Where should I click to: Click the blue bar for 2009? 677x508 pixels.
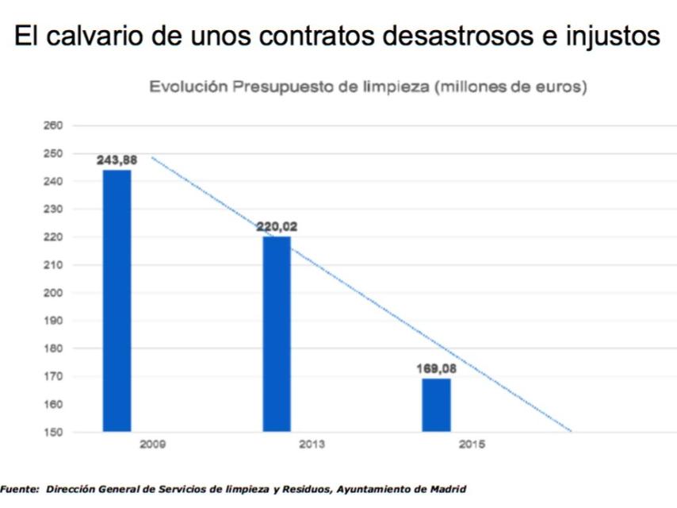click(x=117, y=301)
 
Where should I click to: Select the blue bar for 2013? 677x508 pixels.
click(x=277, y=334)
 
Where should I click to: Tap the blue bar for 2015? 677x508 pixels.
click(x=436, y=405)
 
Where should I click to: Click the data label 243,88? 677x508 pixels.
click(x=117, y=160)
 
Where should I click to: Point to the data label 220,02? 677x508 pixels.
click(x=277, y=226)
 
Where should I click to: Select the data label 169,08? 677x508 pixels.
click(x=437, y=368)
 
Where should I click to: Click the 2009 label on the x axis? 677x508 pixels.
click(x=152, y=444)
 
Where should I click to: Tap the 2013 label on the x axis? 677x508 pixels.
click(x=312, y=444)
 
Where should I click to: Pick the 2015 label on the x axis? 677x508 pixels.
click(x=472, y=444)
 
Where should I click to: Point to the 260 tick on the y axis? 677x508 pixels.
click(x=54, y=125)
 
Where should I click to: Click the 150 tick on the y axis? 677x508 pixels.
click(x=54, y=432)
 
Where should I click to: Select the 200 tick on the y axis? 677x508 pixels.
click(x=54, y=293)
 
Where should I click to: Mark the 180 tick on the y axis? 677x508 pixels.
click(x=54, y=348)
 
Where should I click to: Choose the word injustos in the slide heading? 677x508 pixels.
click(x=608, y=37)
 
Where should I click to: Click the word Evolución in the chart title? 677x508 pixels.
click(x=189, y=87)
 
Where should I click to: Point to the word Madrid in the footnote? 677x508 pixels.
click(x=449, y=490)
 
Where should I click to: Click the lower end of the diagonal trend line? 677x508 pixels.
click(x=570, y=431)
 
